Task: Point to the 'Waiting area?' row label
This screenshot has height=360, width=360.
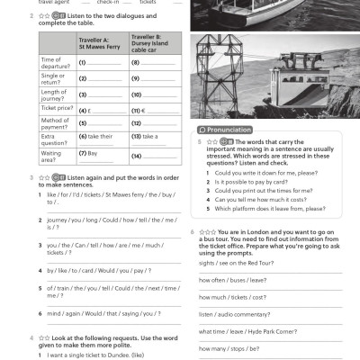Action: (x=54, y=156)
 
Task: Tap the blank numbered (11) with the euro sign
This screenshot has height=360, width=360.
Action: (x=152, y=110)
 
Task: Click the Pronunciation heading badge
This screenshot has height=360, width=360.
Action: (x=224, y=130)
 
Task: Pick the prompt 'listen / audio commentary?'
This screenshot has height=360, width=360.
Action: (x=234, y=314)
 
